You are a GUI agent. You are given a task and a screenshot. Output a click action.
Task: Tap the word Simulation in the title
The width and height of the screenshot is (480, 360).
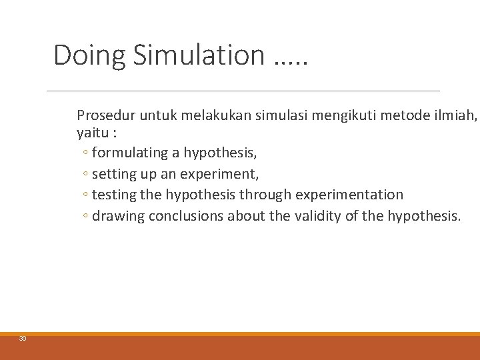tap(199, 55)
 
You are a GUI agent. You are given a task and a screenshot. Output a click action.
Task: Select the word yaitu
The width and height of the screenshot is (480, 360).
tap(91, 131)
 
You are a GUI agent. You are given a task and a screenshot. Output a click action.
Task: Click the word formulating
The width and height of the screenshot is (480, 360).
tap(129, 153)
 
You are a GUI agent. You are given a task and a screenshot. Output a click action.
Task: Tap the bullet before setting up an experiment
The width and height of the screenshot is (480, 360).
tap(86, 175)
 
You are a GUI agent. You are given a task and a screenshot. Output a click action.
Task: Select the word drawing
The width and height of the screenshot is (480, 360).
tap(118, 216)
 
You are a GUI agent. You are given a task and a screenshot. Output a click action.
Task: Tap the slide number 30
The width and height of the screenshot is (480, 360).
tap(23, 339)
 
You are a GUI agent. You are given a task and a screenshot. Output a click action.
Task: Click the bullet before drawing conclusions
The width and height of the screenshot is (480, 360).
tap(86, 217)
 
